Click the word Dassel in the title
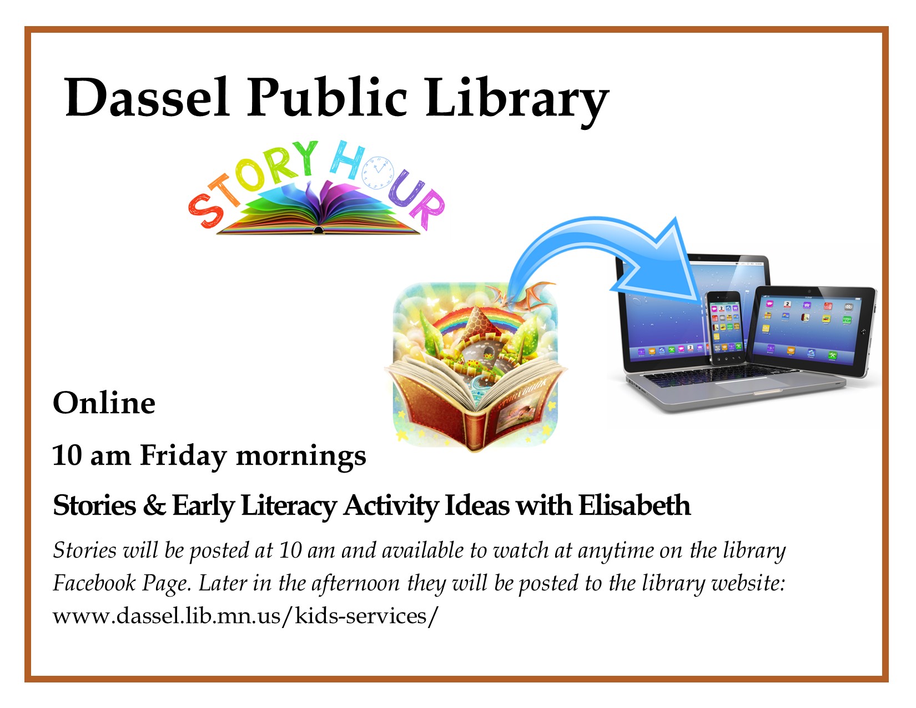pos(147,98)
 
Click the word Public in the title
pos(327,98)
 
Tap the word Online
pos(104,403)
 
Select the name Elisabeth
pos(635,505)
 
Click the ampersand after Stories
pos(154,505)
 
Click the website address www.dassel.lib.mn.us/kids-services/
pos(245,616)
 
